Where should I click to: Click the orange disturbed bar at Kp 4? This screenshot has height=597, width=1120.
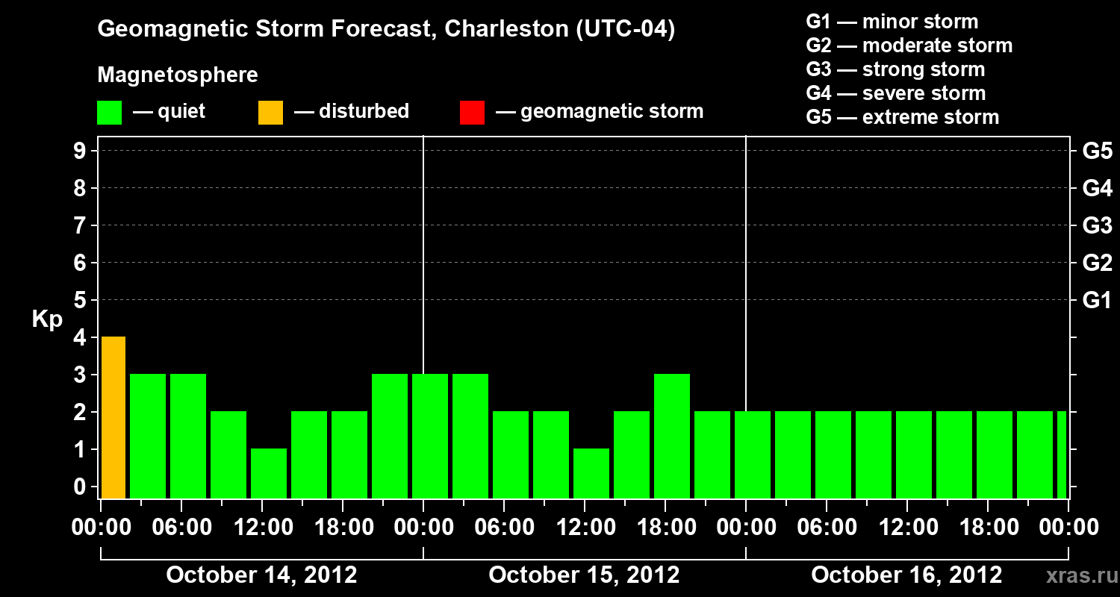113,418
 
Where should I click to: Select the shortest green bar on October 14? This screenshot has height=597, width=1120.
269,473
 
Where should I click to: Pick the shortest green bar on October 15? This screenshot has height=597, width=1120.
591,473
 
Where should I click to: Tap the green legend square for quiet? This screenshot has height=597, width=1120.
109,113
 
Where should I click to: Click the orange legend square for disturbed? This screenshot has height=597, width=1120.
270,113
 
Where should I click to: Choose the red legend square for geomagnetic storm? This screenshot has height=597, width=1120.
472,113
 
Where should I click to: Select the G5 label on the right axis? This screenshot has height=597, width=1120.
1097,151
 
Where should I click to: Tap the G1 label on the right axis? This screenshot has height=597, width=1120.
1097,301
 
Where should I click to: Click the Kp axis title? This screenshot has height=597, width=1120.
47,320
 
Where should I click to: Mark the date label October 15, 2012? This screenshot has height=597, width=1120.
584,575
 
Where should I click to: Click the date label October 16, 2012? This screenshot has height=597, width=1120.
906,575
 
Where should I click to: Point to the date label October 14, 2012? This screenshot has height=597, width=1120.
261,575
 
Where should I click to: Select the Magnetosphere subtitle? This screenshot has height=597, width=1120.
178,75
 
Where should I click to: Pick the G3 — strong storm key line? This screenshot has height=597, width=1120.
895,69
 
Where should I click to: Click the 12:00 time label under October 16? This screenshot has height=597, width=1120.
906,528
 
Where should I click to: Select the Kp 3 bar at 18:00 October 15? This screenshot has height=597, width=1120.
672,436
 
